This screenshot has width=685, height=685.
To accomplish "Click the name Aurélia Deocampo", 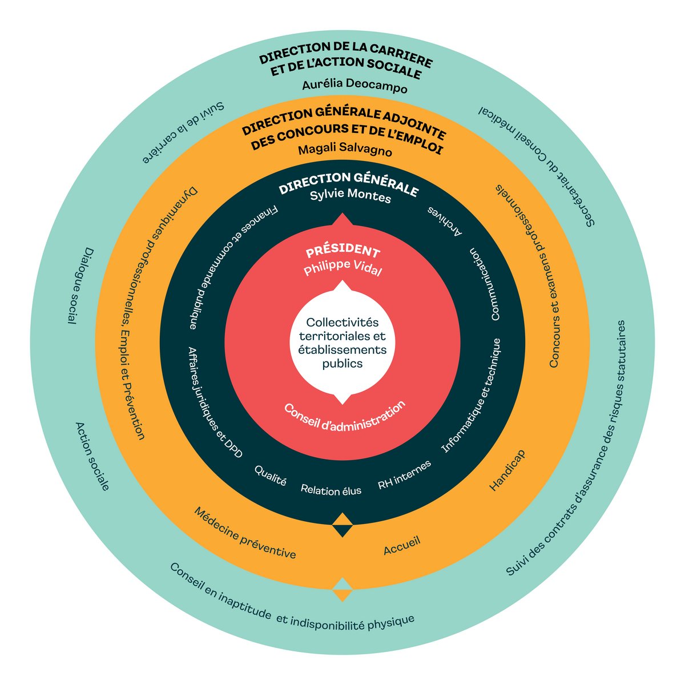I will [x=354, y=87].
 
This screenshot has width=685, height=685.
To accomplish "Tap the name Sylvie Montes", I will [x=350, y=197].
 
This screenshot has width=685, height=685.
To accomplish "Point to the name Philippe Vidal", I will [x=342, y=269].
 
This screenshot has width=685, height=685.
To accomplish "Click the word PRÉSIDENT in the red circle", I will [x=342, y=252].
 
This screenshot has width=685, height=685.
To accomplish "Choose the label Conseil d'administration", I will [x=345, y=418].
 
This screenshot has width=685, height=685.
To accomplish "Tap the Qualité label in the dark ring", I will [x=270, y=476].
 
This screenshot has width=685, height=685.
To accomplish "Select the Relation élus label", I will [x=331, y=490].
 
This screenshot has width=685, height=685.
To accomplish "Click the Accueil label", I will [x=402, y=546].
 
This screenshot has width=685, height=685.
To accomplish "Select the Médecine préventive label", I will [x=245, y=533].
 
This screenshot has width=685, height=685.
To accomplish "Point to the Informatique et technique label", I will [x=472, y=396].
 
